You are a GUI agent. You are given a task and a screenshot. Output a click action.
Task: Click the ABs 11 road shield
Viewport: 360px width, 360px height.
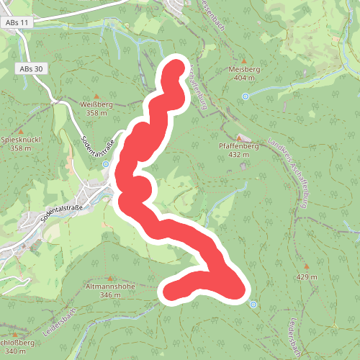pyautogui.click(x=19, y=23)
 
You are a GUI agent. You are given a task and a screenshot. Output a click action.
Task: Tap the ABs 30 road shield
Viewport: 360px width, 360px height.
pyautogui.click(x=27, y=68)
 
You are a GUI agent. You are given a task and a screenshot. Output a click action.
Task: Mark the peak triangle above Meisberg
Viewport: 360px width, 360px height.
pyautogui.click(x=243, y=60)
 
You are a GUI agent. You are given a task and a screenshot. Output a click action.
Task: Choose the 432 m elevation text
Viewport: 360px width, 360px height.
pyautogui.click(x=238, y=154)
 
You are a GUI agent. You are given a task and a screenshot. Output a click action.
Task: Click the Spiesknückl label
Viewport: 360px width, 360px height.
pyautogui.click(x=21, y=140)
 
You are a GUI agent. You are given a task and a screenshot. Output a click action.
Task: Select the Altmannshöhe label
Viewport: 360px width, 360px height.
pyautogui.click(x=110, y=287)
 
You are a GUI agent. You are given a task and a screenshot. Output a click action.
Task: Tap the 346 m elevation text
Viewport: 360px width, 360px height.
pyautogui.click(x=110, y=295)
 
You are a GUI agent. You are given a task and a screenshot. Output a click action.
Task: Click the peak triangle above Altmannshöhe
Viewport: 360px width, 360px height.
pyautogui.click(x=109, y=278)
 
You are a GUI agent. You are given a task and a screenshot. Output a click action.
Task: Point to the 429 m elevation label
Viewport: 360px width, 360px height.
pyautogui.click(x=306, y=277)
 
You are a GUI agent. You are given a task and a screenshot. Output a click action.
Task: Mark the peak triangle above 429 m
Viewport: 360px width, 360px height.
pyautogui.click(x=306, y=268)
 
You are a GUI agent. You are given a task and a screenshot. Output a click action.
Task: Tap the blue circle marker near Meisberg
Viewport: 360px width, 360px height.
pyautogui.click(x=246, y=96)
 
